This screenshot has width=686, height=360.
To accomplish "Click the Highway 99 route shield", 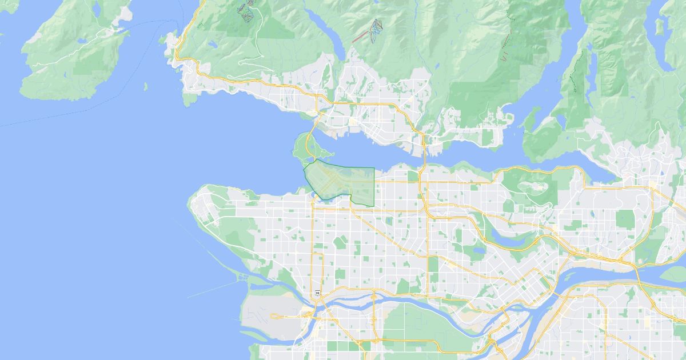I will (317, 293).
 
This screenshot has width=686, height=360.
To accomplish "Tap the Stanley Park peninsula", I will (304, 146).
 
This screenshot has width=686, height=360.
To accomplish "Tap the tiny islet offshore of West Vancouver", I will (145, 87).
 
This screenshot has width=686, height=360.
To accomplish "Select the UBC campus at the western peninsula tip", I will (206, 209).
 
